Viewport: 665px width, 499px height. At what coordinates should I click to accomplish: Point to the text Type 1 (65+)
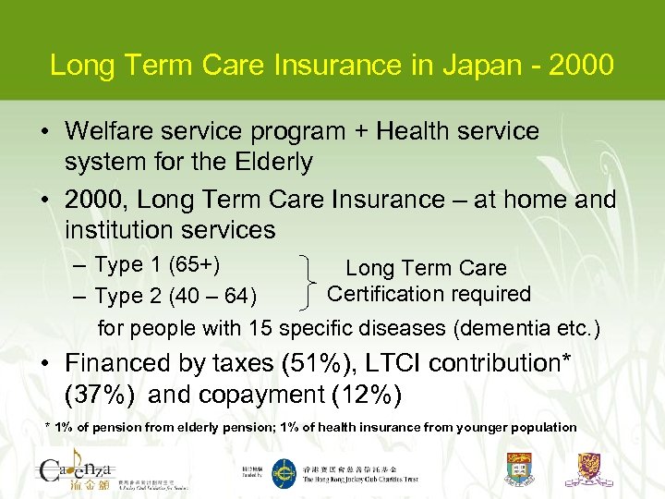tap(156, 264)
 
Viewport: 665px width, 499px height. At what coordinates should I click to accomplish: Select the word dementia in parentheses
tap(510, 328)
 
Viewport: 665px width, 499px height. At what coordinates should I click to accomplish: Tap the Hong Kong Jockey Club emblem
tap(283, 472)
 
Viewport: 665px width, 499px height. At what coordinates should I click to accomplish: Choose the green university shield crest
tap(520, 469)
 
